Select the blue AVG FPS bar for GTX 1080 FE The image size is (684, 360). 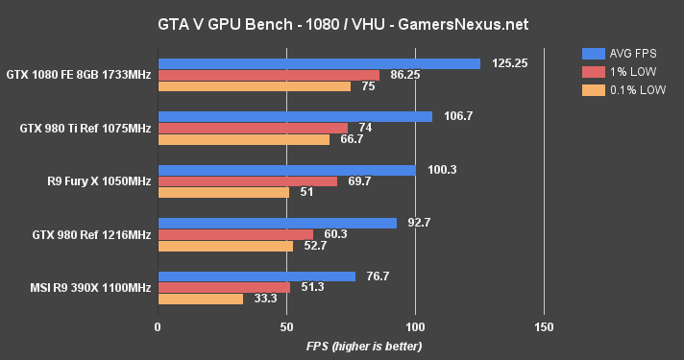[319, 63]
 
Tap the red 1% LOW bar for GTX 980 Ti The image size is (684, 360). [253, 128]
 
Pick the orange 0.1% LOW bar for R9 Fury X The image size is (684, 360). [223, 192]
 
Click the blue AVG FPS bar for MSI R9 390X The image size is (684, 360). [256, 276]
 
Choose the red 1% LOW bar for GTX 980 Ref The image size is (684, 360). [235, 234]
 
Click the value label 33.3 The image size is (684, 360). [262, 299]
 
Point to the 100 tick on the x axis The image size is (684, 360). [415, 326]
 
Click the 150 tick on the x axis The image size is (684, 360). [544, 326]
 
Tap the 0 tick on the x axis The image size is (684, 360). [158, 326]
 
